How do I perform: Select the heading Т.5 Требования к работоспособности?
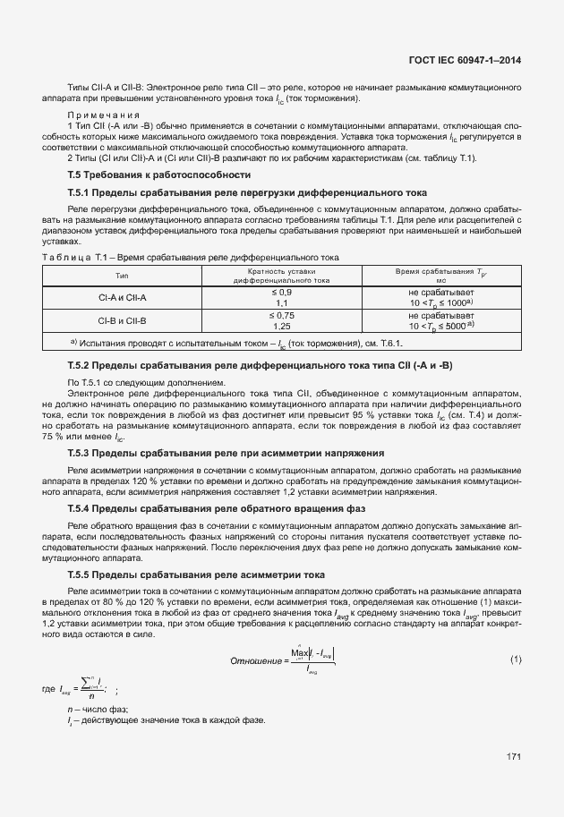pos(158,174)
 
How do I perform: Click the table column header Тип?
pos(123,276)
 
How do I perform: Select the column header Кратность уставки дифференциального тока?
pos(281,276)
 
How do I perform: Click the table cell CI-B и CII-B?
pos(123,320)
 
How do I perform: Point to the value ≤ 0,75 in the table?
pos(281,315)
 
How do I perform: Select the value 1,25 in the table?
pos(281,327)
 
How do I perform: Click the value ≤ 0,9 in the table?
pos(281,293)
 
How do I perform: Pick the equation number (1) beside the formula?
pos(516,660)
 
